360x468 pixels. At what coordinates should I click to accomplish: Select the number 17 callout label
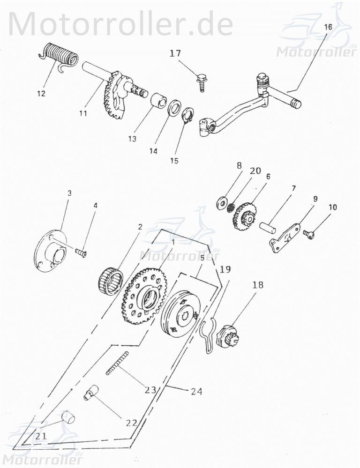175,54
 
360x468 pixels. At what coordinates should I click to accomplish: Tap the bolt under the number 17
202,82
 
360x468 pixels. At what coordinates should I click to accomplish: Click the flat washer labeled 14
174,107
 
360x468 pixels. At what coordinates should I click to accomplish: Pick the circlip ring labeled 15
187,116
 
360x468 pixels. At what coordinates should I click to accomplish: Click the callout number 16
328,27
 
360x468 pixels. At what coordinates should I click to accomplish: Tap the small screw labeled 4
82,252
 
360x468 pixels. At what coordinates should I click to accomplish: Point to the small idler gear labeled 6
243,215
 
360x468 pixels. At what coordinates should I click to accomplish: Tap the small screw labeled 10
308,233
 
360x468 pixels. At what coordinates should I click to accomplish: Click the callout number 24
196,391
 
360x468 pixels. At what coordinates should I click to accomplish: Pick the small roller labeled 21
69,416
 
